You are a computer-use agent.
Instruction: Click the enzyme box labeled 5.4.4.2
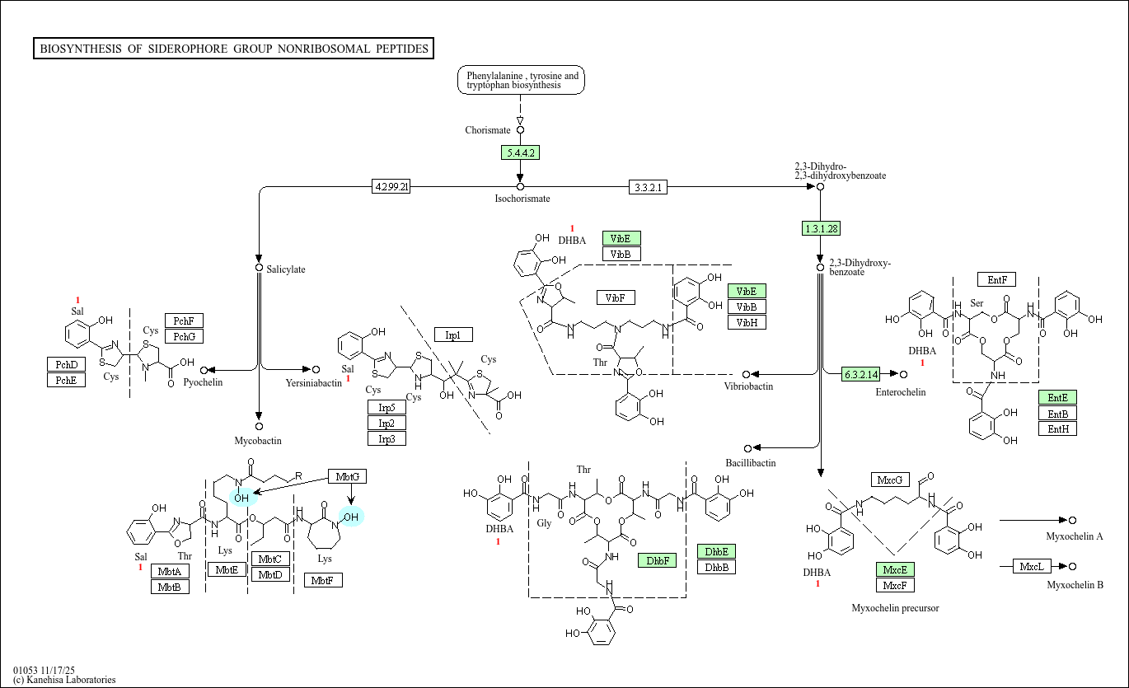(520, 152)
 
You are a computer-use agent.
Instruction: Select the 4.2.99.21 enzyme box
(391, 187)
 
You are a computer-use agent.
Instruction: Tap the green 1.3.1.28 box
(821, 228)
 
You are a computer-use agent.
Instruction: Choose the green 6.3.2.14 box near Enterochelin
(860, 375)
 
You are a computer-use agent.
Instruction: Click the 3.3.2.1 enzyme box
(648, 187)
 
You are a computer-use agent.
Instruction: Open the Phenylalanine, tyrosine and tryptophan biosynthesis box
(521, 80)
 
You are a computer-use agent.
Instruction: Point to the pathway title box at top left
(234, 49)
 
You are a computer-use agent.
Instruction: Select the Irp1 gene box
(453, 335)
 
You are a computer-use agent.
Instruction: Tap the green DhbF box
(657, 560)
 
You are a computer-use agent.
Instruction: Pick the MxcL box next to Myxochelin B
(1031, 566)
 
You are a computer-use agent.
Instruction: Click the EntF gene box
(996, 279)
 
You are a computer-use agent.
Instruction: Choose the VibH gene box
(747, 322)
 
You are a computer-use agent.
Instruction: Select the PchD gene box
(66, 364)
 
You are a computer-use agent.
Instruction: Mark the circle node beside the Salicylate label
(259, 268)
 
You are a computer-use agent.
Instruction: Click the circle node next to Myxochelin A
(1072, 520)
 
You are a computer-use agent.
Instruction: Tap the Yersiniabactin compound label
(313, 383)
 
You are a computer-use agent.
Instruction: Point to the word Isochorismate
(522, 199)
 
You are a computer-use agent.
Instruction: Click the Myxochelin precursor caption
(895, 608)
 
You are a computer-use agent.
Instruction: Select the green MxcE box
(895, 569)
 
